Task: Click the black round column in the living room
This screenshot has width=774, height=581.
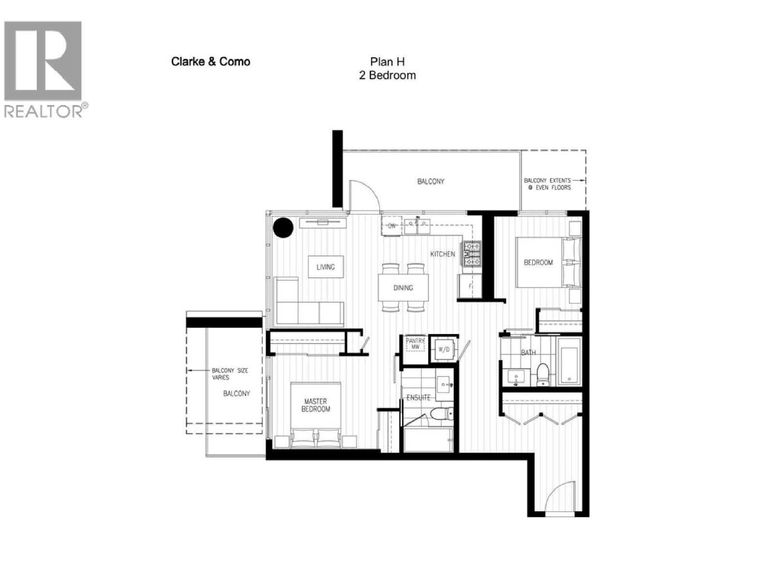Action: (x=283, y=227)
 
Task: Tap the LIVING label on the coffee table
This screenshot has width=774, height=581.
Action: (x=326, y=267)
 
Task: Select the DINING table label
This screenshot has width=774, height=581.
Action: (x=403, y=288)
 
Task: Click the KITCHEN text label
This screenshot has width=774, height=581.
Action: (x=443, y=254)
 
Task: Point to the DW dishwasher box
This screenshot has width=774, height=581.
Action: (x=392, y=226)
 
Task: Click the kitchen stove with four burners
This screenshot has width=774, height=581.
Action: (x=472, y=254)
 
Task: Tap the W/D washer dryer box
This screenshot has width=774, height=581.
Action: (x=444, y=349)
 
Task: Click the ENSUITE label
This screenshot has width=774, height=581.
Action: (x=418, y=398)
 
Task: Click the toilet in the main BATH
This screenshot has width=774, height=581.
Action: (x=543, y=374)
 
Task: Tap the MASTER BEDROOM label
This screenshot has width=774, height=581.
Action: (x=315, y=405)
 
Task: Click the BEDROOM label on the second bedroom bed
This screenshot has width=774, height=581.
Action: (x=538, y=262)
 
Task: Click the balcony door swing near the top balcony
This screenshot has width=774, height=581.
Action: (x=363, y=194)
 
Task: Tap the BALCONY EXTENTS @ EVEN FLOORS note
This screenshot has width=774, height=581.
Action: (x=547, y=184)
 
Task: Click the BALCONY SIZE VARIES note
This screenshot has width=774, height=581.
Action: (x=230, y=374)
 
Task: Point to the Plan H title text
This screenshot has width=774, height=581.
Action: (x=387, y=61)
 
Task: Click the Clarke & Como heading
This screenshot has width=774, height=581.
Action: (x=210, y=61)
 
